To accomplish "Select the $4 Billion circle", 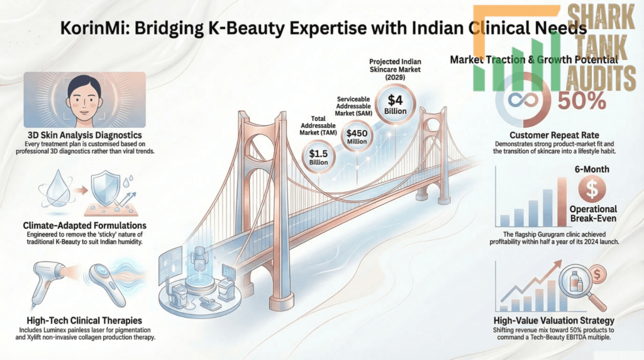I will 395,103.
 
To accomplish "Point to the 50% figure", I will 586,99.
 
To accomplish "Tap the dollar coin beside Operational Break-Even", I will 593,187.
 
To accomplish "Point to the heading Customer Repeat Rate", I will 555,135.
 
